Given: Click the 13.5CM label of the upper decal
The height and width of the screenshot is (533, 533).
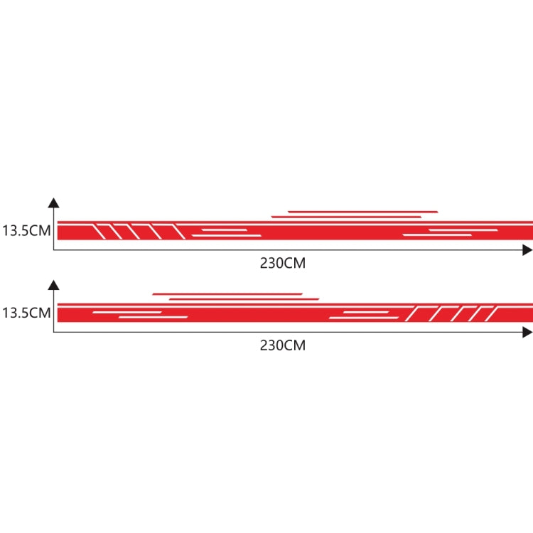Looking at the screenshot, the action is pos(26,230).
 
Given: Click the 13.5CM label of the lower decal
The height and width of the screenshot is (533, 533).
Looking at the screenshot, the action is pos(26,313).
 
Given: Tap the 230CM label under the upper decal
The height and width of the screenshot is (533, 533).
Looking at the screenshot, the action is pos(283,263).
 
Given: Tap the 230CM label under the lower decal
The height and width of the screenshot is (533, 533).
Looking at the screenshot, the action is pos(283,345).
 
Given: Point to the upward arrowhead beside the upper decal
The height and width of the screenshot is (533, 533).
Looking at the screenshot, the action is pos(54,203).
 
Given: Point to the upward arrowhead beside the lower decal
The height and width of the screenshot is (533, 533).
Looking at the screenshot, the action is pos(54,285).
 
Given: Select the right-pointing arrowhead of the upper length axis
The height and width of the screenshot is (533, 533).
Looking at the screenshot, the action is pos(527,250).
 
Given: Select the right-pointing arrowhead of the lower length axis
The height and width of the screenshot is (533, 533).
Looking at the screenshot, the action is pos(527,333).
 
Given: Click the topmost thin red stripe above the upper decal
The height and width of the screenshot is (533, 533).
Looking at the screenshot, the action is pos(362,212).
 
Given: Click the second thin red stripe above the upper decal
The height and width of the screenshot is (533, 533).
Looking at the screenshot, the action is pos(346,217).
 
